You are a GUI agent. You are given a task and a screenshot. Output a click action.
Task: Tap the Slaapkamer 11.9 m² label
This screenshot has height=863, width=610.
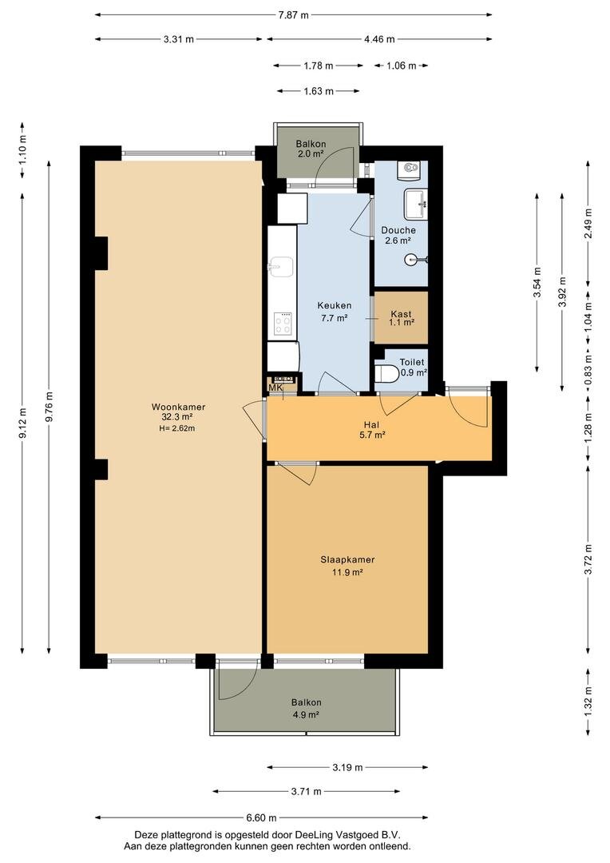click(347, 566)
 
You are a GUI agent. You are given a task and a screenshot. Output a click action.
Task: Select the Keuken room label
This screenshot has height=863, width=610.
click(335, 305)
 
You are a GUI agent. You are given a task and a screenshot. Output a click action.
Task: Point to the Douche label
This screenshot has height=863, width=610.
click(398, 230)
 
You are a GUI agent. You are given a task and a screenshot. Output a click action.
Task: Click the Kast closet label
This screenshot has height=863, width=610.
click(401, 314)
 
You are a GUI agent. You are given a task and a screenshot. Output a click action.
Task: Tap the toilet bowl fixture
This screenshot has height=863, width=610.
click(386, 374)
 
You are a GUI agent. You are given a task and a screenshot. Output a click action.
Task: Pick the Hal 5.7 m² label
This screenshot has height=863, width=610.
click(371, 430)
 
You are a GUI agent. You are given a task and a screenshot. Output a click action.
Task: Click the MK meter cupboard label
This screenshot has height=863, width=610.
click(275, 388)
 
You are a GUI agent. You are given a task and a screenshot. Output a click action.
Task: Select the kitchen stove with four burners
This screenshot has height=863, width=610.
click(283, 324)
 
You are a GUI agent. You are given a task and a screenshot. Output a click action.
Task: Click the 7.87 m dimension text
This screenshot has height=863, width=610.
click(293, 15)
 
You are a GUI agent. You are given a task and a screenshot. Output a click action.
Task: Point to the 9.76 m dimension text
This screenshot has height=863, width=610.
click(50, 407)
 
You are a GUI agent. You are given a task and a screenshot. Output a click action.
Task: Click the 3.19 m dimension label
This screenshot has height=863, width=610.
click(347, 767)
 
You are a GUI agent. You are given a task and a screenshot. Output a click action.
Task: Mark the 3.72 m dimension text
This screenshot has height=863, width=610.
click(588, 559)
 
